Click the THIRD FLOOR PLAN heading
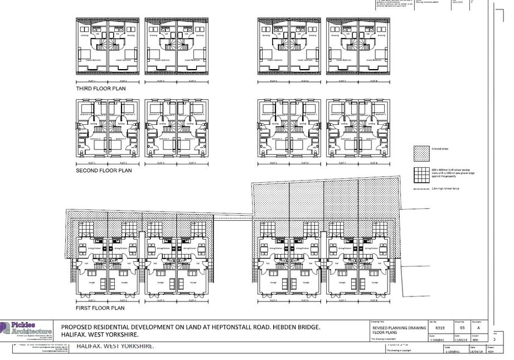(x=100, y=89)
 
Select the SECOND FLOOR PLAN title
(x=103, y=171)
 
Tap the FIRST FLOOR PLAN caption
(x=100, y=308)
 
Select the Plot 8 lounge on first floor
(x=376, y=283)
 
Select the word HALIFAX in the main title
(x=75, y=335)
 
